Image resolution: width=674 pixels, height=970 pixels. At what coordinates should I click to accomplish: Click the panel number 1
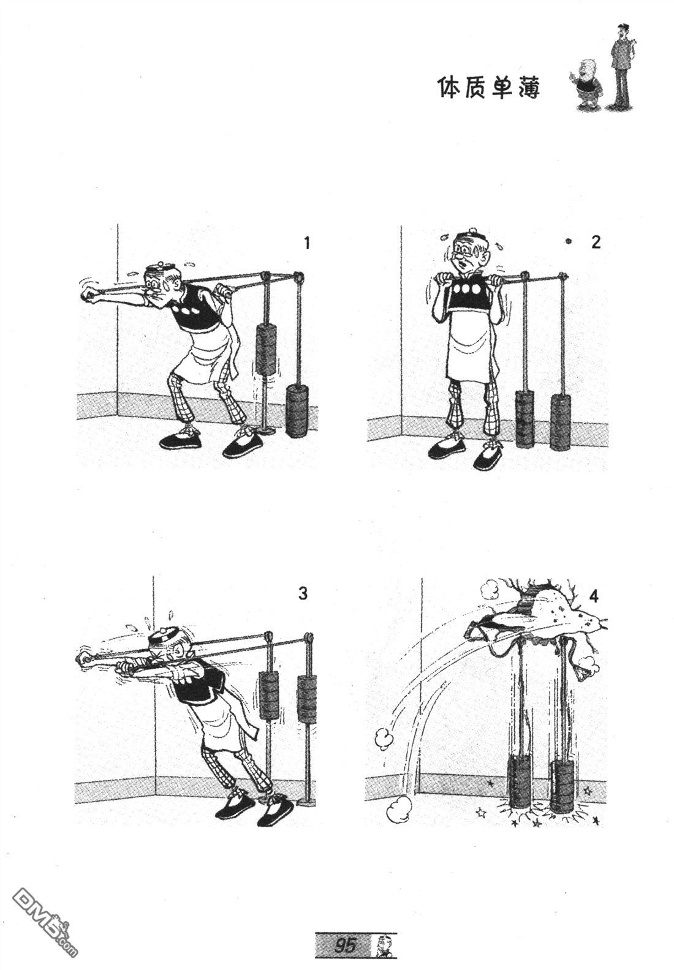pyautogui.click(x=307, y=243)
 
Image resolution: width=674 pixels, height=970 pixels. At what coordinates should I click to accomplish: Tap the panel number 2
pyautogui.click(x=596, y=242)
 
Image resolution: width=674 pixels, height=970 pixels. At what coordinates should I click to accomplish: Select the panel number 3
pyautogui.click(x=303, y=593)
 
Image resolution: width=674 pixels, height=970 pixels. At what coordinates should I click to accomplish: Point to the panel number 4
pyautogui.click(x=594, y=596)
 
